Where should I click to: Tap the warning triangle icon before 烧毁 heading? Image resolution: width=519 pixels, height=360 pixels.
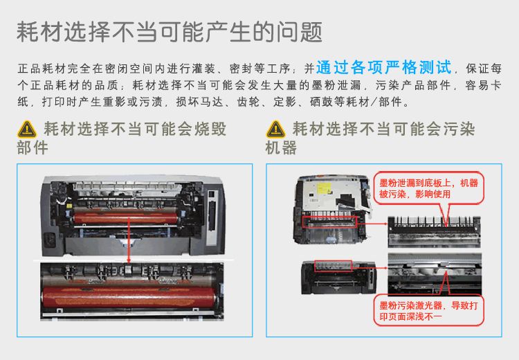click(26, 129)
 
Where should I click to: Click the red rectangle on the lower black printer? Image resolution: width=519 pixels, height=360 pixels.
click(333, 265)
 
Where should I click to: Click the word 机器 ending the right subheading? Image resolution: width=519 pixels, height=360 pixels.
click(281, 148)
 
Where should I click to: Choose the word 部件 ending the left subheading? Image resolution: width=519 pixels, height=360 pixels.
click(33, 148)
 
